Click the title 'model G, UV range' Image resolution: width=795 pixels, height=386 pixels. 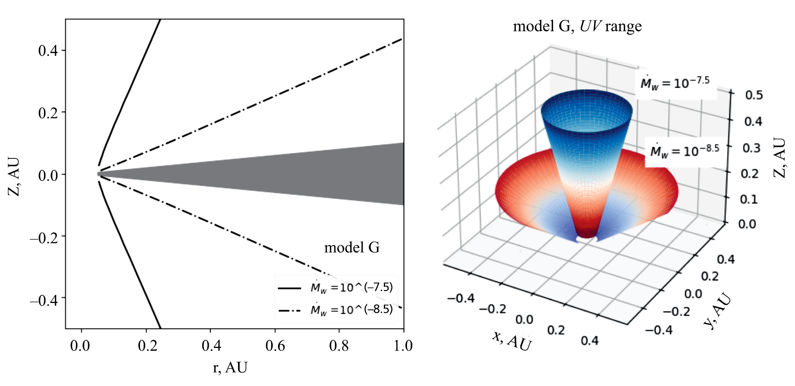click(x=577, y=26)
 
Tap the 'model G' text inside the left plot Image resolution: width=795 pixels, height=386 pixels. click(x=352, y=247)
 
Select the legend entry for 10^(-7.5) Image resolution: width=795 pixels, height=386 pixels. click(x=335, y=288)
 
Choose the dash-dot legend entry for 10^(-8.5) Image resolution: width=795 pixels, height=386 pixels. click(x=335, y=309)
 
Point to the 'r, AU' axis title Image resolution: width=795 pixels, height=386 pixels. click(x=230, y=368)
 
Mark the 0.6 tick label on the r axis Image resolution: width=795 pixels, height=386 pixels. click(x=275, y=346)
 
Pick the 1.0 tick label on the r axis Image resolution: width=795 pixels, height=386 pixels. click(x=403, y=346)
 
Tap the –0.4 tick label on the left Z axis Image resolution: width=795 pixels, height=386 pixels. click(x=44, y=300)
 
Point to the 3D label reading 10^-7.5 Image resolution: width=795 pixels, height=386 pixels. click(x=675, y=83)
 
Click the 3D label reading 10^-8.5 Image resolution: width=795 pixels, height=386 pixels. click(x=685, y=150)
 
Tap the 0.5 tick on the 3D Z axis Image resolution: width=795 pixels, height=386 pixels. click(x=754, y=95)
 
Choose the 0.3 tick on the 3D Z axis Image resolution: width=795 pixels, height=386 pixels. click(x=752, y=148)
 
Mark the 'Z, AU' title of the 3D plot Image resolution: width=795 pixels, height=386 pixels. click(x=780, y=158)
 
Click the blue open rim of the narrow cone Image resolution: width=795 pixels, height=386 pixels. click(x=586, y=96)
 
